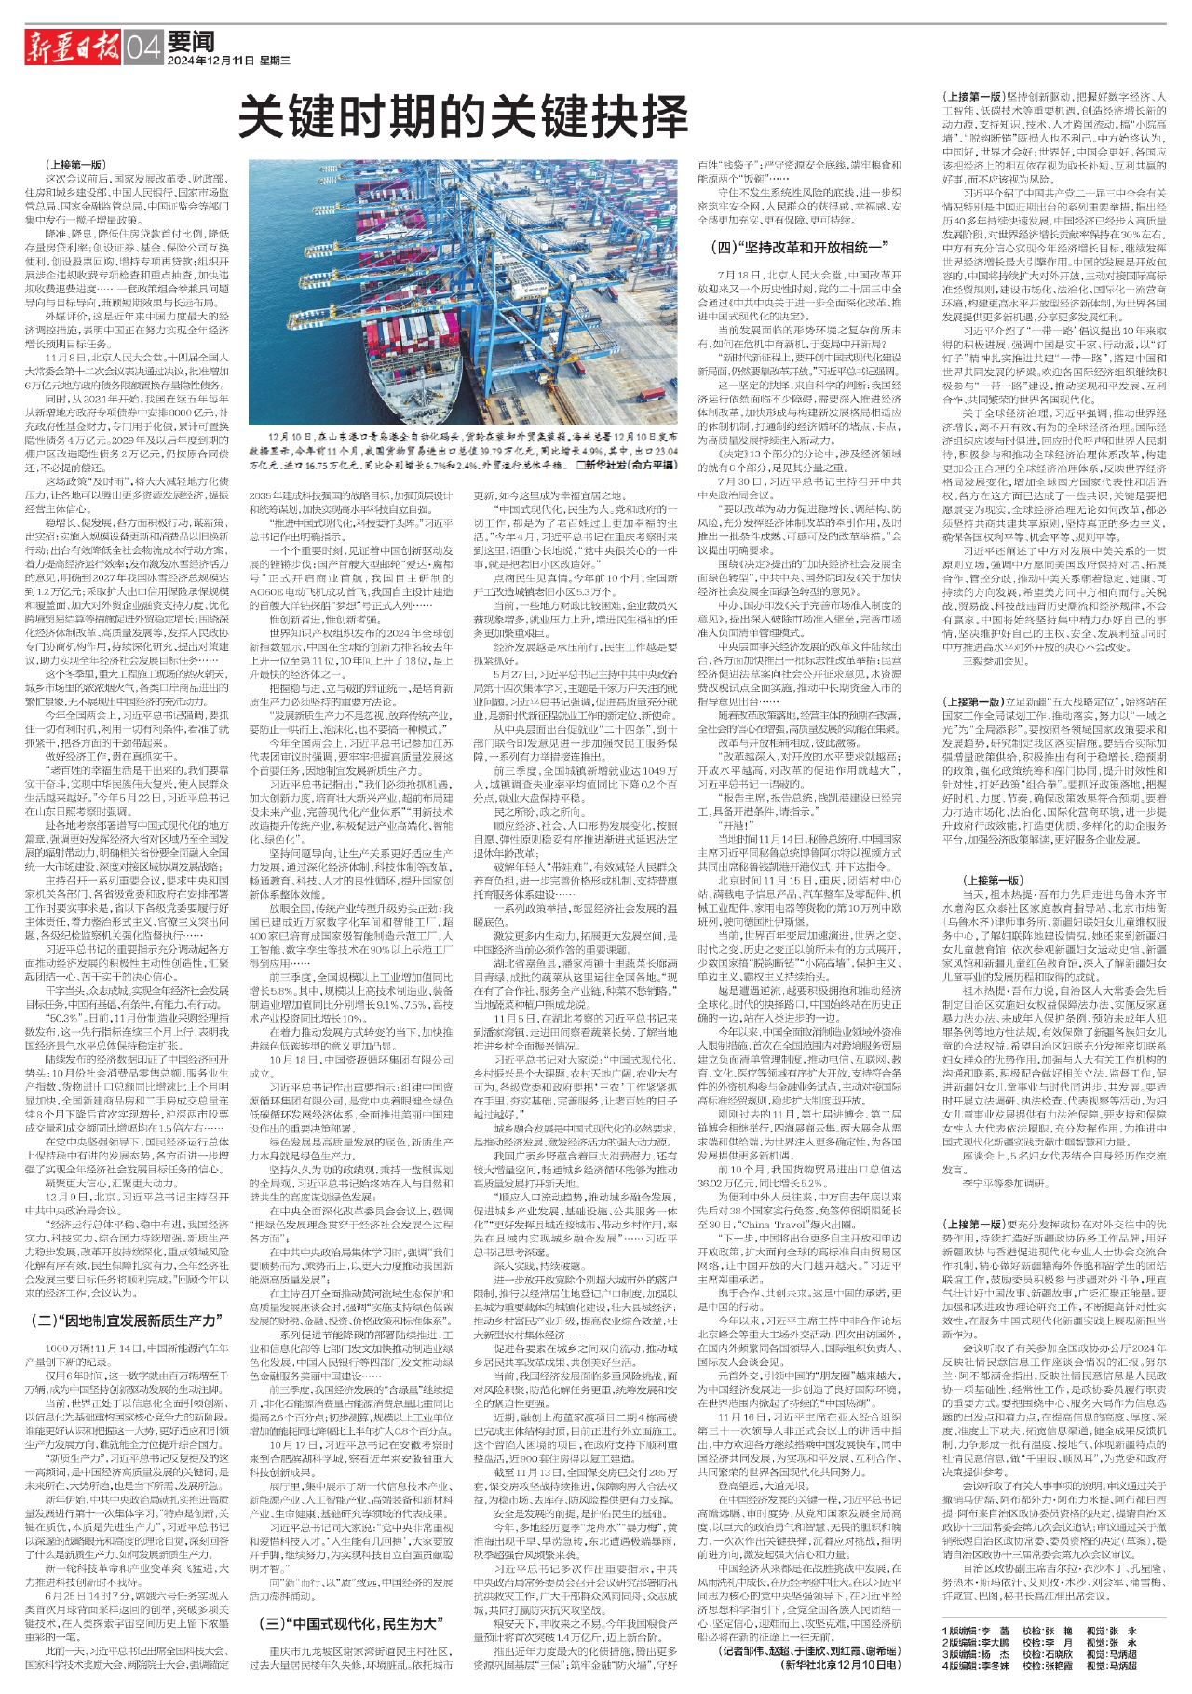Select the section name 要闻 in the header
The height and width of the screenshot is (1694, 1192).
192,41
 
